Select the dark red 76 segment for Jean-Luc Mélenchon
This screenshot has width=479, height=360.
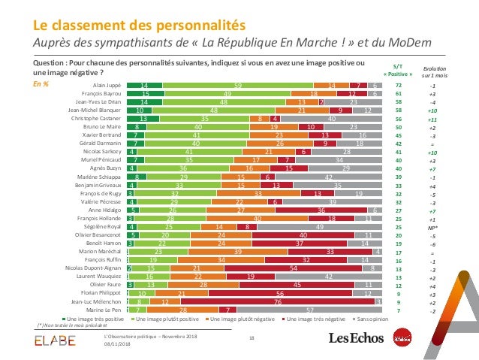(278, 300)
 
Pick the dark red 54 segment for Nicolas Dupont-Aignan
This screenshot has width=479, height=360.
(292, 267)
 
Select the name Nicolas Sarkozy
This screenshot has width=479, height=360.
(101, 150)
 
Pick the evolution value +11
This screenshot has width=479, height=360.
(432, 119)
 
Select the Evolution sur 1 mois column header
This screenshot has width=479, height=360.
(433, 71)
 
